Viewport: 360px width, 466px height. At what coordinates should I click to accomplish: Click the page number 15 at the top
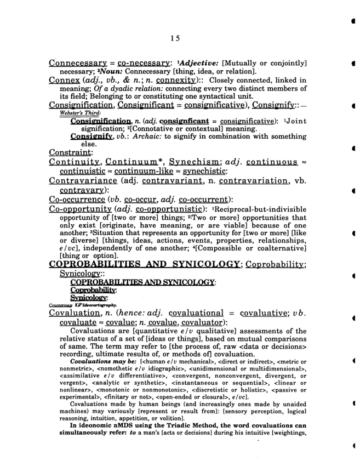point(175,38)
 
